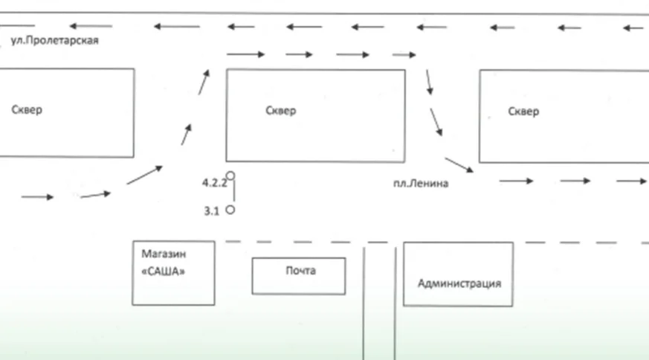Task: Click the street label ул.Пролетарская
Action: [54, 41]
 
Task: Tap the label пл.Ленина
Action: [421, 184]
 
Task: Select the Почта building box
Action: [299, 276]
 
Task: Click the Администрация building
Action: [458, 274]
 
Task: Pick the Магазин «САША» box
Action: [173, 273]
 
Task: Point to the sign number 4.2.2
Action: [213, 181]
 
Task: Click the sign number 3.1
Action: [211, 211]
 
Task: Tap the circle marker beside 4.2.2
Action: [230, 176]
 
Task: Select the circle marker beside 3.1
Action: [230, 210]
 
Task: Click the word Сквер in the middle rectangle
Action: [280, 111]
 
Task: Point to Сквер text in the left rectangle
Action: [28, 110]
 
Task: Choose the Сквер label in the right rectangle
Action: [523, 112]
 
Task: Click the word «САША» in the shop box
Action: [163, 271]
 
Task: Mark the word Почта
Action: [300, 271]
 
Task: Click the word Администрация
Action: [459, 283]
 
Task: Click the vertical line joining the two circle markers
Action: [234, 193]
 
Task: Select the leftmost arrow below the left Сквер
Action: [37, 197]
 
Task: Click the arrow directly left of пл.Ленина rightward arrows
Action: [458, 164]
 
